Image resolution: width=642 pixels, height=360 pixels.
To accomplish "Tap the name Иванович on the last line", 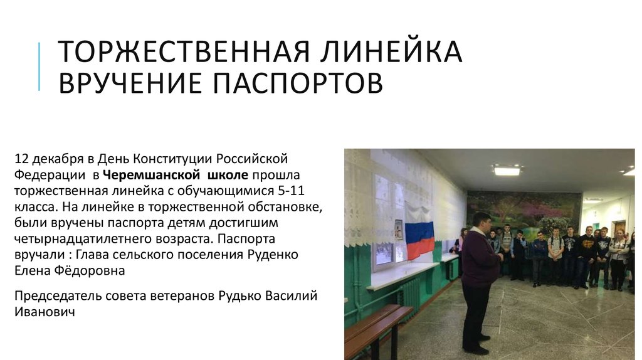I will (45, 311).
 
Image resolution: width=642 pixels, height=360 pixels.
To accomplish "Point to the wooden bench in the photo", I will (376, 326).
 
